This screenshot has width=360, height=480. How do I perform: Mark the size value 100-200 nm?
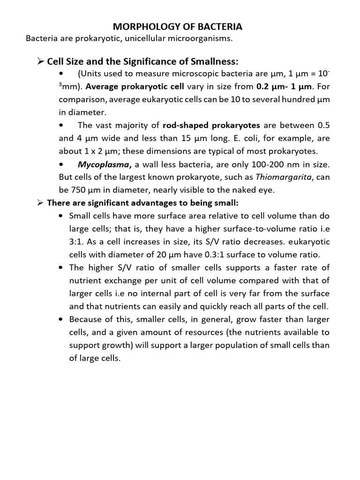point(269,165)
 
